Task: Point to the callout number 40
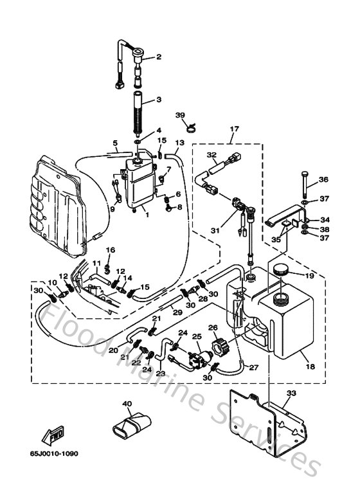pos(127,404)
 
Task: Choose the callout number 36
pos(323,179)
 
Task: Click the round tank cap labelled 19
pos(281,268)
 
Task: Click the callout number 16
pos(111,250)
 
